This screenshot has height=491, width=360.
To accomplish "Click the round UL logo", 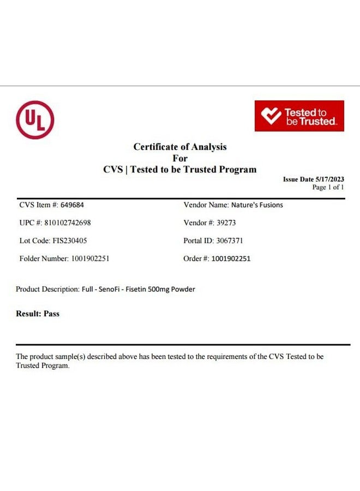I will [35, 119].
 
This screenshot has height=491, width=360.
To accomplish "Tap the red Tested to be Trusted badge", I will [299, 116].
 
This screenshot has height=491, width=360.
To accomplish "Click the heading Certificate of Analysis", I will [180, 147].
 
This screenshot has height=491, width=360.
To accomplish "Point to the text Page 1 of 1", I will [328, 187].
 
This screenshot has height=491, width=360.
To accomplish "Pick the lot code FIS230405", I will [69, 241].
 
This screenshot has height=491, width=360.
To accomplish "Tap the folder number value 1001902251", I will [90, 259].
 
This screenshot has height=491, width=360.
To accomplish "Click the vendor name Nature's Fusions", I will [257, 205].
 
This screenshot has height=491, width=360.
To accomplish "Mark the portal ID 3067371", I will [230, 241].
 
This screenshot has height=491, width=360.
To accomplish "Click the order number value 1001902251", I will [231, 259].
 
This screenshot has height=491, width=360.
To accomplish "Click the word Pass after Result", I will [51, 314].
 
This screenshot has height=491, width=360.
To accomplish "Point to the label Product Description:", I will [47, 289].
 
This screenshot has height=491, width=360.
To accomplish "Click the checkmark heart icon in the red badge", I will [271, 116].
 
